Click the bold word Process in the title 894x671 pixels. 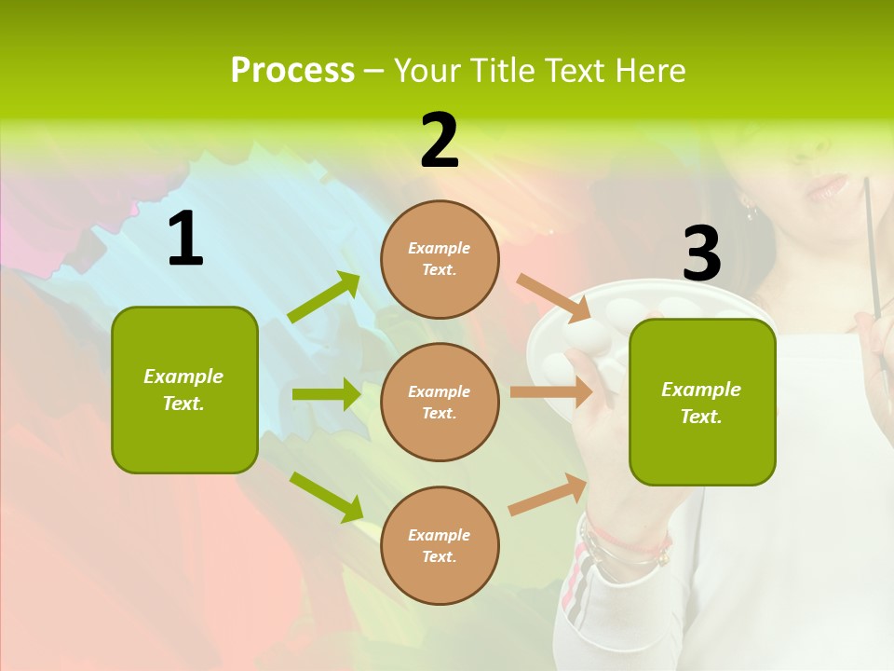pyautogui.click(x=292, y=70)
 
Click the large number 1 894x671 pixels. pyautogui.click(x=185, y=240)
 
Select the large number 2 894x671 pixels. pyautogui.click(x=440, y=141)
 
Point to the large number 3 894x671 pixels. pyautogui.click(x=701, y=253)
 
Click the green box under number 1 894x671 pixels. pyautogui.click(x=184, y=390)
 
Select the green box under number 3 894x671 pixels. pyautogui.click(x=702, y=402)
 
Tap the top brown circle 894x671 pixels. pyautogui.click(x=440, y=259)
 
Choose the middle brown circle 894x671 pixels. pyautogui.click(x=440, y=402)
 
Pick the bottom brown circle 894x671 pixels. pyautogui.click(x=440, y=545)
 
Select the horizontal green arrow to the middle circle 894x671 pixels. pyautogui.click(x=326, y=394)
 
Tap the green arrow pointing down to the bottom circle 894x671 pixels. pyautogui.click(x=327, y=496)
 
